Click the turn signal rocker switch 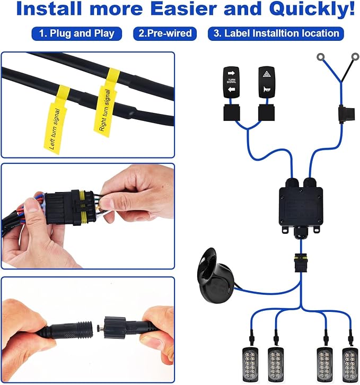(231, 82)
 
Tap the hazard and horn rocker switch (267, 82)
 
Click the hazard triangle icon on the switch (267, 74)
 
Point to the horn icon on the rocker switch (267, 89)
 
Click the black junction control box (301, 206)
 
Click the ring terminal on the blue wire (320, 57)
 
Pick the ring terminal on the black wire (355, 57)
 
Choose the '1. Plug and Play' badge (77, 33)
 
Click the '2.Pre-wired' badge (165, 33)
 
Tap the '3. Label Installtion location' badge (276, 33)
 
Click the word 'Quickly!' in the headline (312, 8)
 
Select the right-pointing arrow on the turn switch (231, 73)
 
